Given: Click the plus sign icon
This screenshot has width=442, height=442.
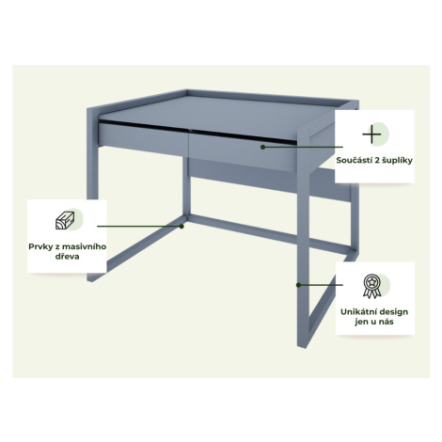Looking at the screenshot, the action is click(x=371, y=134).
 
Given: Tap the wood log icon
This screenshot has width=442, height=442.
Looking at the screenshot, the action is click(x=65, y=220).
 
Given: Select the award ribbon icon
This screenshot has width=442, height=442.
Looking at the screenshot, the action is click(x=372, y=286).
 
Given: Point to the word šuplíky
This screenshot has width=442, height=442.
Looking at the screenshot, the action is click(x=397, y=161).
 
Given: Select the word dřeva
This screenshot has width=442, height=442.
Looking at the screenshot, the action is click(x=67, y=257).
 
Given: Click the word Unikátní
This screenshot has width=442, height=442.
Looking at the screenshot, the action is click(x=357, y=312).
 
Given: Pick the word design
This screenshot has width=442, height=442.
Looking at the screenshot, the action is click(x=393, y=312).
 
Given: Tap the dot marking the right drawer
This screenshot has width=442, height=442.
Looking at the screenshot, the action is click(x=263, y=147).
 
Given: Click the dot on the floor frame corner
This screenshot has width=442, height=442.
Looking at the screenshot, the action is click(x=182, y=226).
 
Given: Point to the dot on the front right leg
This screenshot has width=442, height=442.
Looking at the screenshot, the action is click(x=299, y=285).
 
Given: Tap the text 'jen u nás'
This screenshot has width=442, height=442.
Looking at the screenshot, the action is click(x=374, y=322).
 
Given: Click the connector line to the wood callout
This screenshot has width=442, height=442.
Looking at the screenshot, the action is click(x=139, y=226).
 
